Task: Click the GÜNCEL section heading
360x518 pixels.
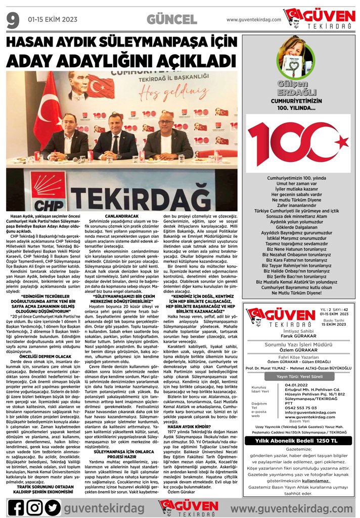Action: [x=172, y=20]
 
